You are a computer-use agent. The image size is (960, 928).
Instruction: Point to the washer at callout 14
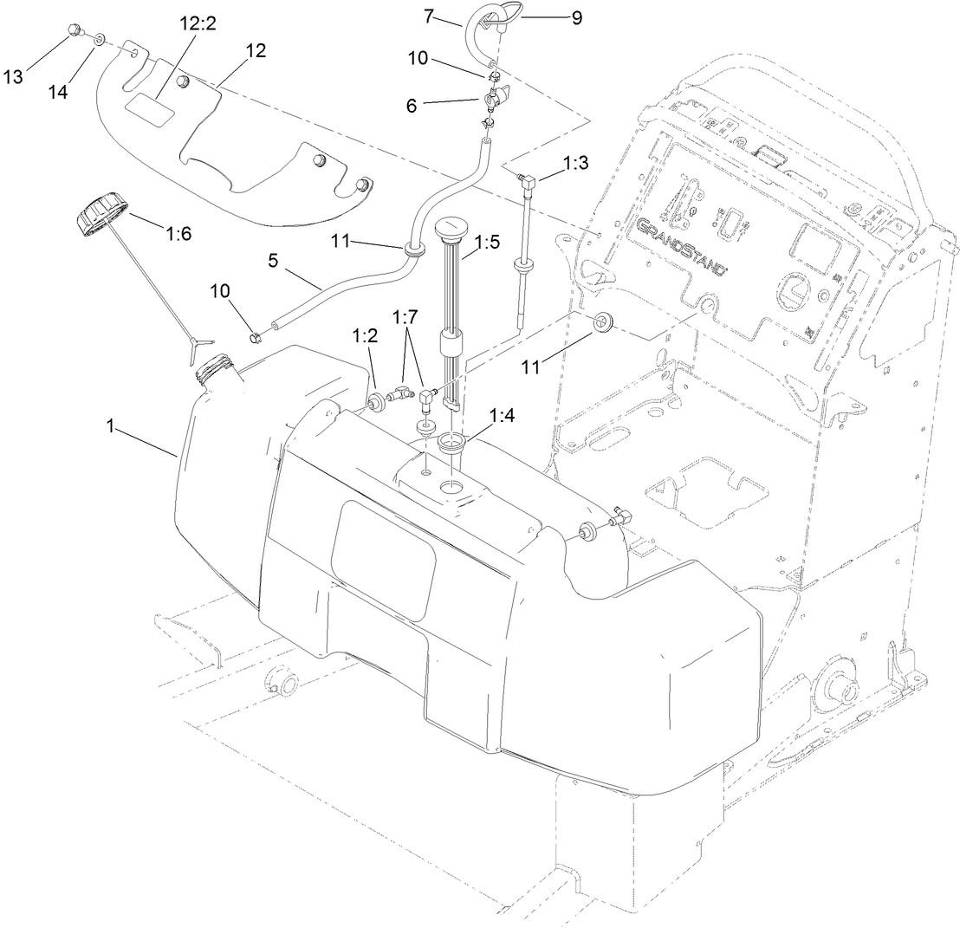(x=100, y=39)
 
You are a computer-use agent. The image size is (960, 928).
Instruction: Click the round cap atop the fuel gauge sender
(x=449, y=230)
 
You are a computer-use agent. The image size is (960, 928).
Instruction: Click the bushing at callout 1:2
(x=379, y=403)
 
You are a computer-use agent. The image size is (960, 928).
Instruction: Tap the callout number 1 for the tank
(x=111, y=425)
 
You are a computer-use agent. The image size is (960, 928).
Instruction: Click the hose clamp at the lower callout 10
(x=255, y=334)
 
